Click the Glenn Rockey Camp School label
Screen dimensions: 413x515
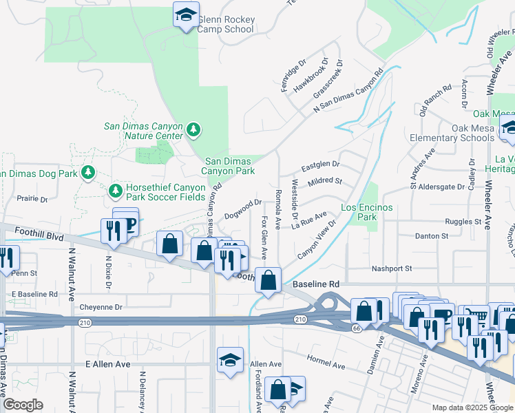(226, 24)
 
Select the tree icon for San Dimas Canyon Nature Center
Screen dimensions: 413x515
(194, 129)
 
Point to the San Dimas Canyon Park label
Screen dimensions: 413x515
(229, 166)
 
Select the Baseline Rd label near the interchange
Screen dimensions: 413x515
(316, 284)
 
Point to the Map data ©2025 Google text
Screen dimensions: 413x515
(472, 407)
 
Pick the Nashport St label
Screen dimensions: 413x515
(391, 268)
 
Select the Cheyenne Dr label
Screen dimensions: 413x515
(101, 307)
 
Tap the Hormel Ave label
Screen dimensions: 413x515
(325, 362)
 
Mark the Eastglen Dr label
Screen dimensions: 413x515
(320, 165)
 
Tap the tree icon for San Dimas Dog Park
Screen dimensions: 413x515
(87, 171)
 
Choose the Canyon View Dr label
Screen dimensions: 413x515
(317, 241)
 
